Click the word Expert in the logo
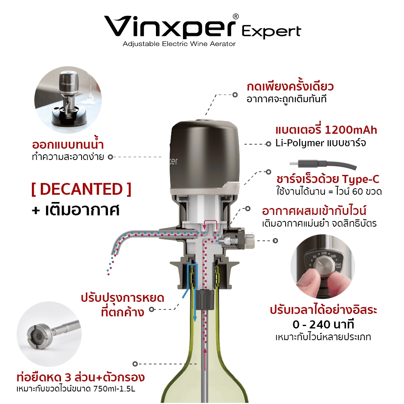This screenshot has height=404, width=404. pos(271,32)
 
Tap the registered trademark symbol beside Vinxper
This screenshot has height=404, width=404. pos(236,17)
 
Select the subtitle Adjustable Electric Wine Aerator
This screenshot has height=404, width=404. pos(179,44)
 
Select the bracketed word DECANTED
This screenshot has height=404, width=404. pos(82,189)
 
